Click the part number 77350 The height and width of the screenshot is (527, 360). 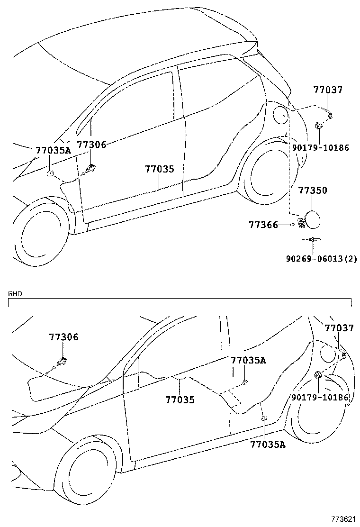(x=312, y=191)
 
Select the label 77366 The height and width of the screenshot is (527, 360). (x=263, y=225)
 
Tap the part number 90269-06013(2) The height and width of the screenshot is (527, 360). (x=321, y=259)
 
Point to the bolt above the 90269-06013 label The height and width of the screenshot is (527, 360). (x=314, y=240)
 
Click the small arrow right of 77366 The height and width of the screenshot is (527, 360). (x=294, y=224)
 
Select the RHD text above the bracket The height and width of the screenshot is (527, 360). (x=15, y=294)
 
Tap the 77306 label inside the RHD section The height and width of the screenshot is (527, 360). (x=63, y=337)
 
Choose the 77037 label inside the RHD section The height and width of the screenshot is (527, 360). (x=339, y=328)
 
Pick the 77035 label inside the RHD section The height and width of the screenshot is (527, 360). (x=180, y=400)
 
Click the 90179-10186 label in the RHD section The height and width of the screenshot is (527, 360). (x=320, y=397)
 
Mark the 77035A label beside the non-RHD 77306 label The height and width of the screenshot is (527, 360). (x=53, y=150)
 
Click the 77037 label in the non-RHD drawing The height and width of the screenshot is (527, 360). (x=327, y=90)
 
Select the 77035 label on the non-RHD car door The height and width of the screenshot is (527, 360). (x=159, y=169)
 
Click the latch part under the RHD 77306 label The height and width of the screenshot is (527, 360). (x=61, y=362)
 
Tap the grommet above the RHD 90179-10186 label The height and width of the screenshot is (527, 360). (x=318, y=376)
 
